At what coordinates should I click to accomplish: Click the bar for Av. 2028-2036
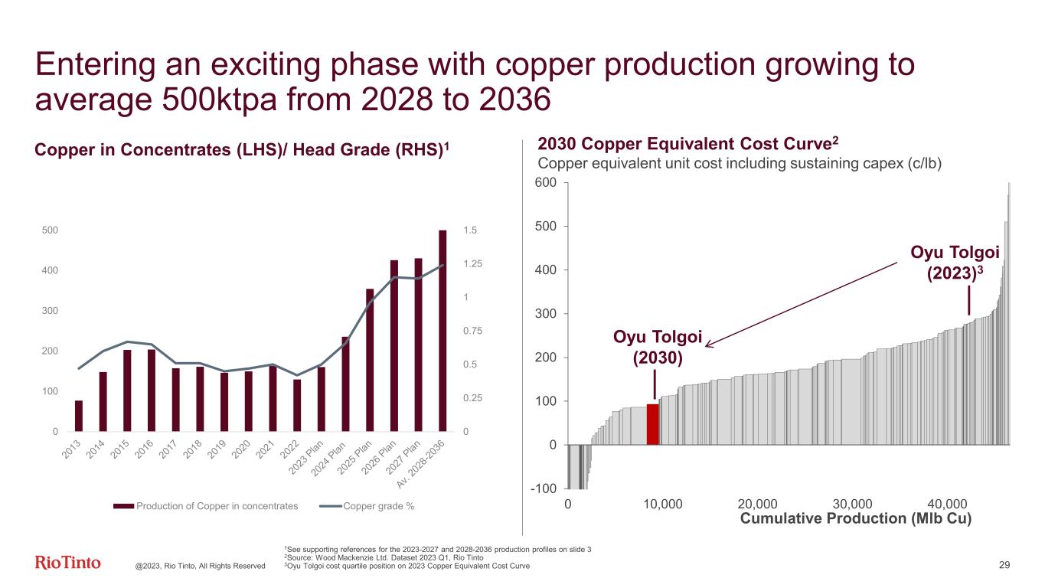[x=442, y=331]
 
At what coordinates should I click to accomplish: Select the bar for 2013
[x=78, y=416]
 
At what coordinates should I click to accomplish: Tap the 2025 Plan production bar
[x=370, y=360]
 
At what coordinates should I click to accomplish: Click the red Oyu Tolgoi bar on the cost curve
[x=653, y=424]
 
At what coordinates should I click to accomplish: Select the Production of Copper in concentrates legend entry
[x=207, y=506]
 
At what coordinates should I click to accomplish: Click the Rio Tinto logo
[x=68, y=563]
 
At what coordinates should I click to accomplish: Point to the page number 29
[x=1005, y=565]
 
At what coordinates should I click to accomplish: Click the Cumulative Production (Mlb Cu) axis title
[x=856, y=519]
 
